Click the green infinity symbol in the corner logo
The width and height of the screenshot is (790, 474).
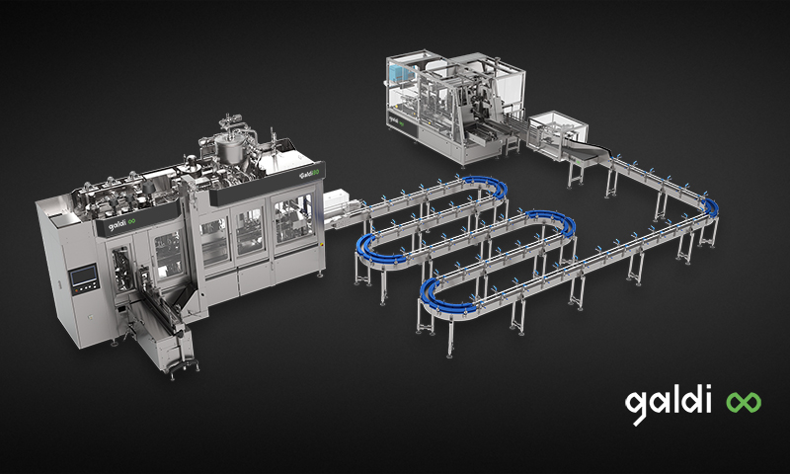[x=744, y=403]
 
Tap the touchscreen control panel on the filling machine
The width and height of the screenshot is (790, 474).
[x=84, y=277]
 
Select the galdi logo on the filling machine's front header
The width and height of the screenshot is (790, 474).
[x=121, y=223]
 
